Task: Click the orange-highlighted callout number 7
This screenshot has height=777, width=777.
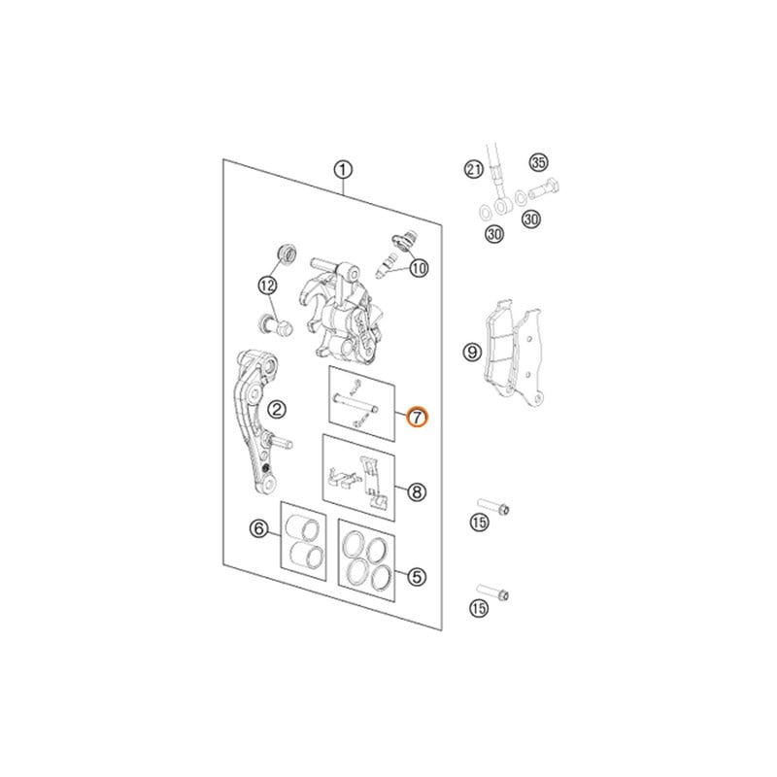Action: click(416, 419)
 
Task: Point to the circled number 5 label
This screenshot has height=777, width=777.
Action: click(416, 577)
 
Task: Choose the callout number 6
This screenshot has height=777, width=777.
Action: click(258, 529)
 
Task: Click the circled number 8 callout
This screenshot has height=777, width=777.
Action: click(416, 493)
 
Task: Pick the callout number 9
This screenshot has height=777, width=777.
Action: click(471, 352)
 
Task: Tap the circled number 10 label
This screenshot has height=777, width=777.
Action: click(418, 268)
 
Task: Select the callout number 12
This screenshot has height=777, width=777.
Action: click(267, 286)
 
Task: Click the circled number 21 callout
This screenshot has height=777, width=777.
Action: click(473, 171)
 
